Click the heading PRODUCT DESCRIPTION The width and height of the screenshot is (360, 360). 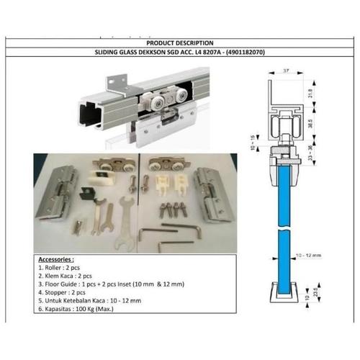[180, 43]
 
